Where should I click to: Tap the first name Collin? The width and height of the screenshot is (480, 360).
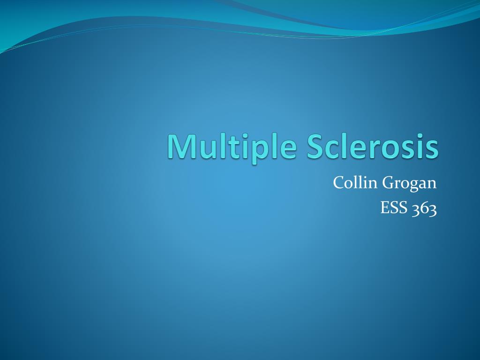click(x=355, y=183)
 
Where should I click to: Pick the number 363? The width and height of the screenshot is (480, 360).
click(x=425, y=209)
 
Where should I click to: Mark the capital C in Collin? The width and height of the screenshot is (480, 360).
click(x=338, y=183)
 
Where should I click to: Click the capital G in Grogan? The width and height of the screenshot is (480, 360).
click(x=389, y=183)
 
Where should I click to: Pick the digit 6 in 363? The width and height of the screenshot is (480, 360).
click(x=425, y=209)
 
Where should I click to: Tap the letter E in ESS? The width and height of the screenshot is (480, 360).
click(x=385, y=208)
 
